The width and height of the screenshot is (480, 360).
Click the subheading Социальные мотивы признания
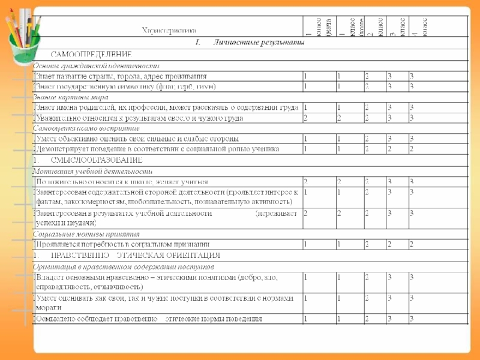(86, 234)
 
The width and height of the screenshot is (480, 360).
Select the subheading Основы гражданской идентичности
(96, 65)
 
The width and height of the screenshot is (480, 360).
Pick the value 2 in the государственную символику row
(367, 86)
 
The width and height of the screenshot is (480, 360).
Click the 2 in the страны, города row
(367, 76)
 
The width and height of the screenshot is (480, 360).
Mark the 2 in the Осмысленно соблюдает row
(367, 319)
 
